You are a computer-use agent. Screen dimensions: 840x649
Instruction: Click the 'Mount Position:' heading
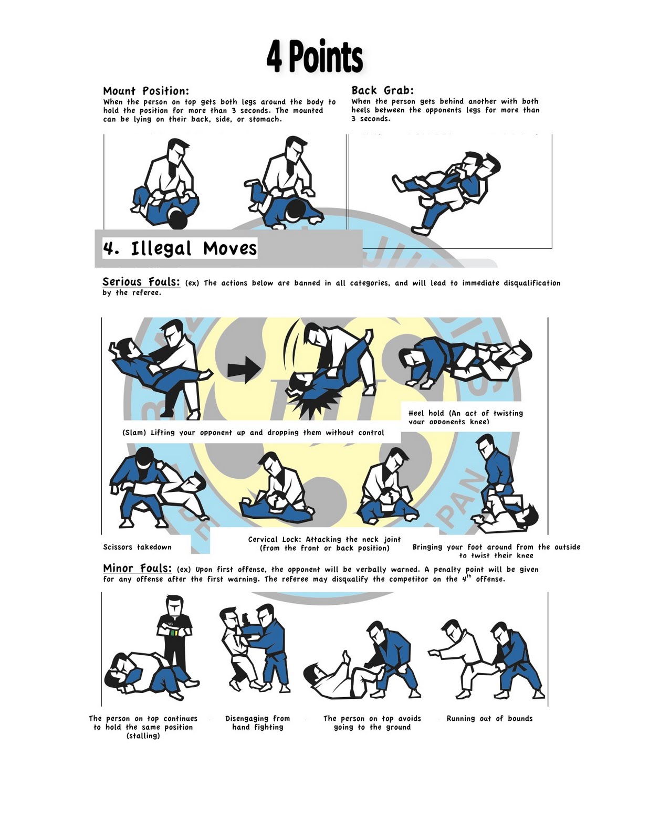[146, 91]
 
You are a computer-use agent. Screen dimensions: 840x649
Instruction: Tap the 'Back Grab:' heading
[382, 90]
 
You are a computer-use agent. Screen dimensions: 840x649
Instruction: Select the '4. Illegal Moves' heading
[180, 248]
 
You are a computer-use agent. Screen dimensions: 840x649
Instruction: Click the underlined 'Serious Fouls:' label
[141, 282]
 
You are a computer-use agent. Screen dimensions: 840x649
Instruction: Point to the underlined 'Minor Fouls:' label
[137, 568]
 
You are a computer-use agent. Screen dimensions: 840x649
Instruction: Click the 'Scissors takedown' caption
[137, 547]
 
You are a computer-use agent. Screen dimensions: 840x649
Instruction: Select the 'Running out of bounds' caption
[489, 718]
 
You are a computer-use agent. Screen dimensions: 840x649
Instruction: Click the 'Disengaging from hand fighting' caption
[257, 722]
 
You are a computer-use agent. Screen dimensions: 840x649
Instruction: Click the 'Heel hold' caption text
[465, 417]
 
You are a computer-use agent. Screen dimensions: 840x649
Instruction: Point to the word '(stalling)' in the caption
[143, 736]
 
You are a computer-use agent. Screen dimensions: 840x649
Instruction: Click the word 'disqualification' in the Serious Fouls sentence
[532, 283]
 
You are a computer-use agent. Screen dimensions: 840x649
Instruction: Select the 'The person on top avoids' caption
[372, 718]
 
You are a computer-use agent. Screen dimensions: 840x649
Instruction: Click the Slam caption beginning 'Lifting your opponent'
[253, 433]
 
